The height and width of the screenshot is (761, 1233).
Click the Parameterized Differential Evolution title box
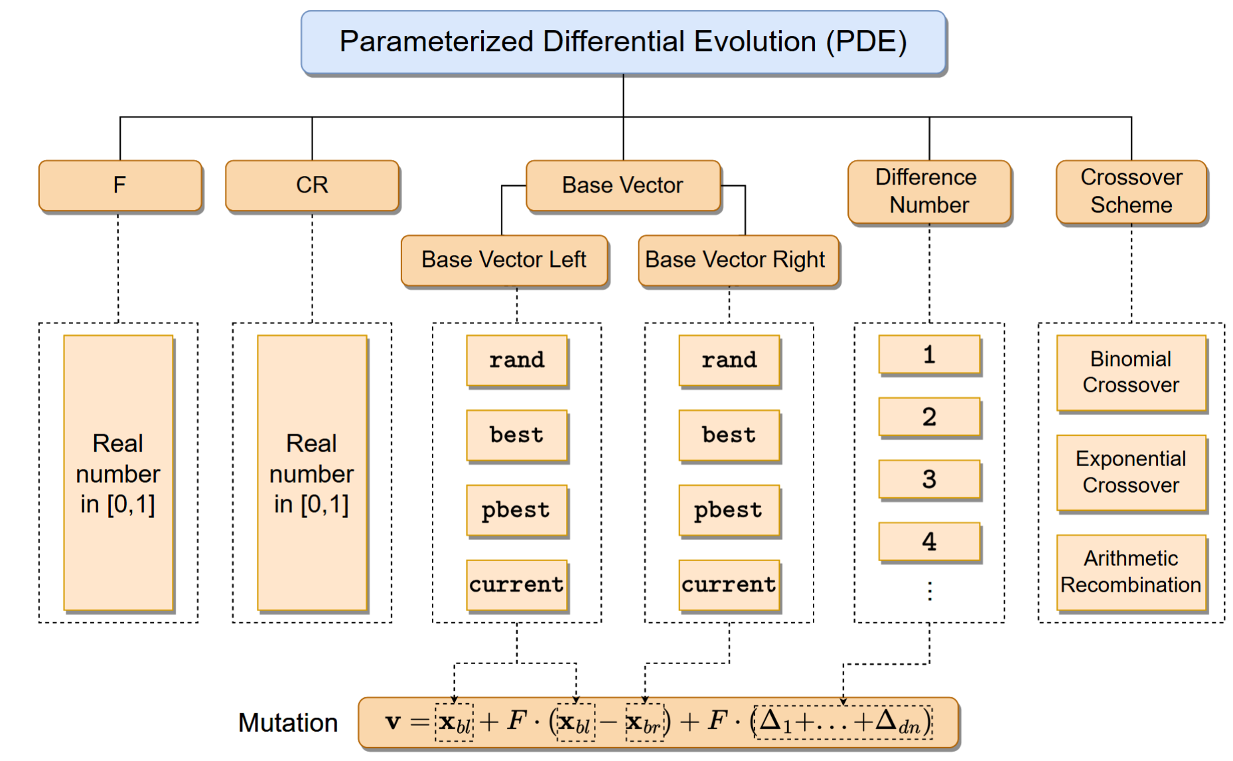[623, 42]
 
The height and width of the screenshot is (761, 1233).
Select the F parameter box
[120, 185]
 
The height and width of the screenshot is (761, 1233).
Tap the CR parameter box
[312, 185]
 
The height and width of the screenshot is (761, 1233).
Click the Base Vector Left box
[504, 260]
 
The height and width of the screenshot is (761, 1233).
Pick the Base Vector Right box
[735, 260]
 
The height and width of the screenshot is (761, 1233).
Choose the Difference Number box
[929, 191]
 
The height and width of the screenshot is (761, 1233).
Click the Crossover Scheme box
[1131, 191]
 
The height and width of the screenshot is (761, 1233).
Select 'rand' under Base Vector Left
[517, 360]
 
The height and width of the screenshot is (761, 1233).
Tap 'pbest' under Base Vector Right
[729, 510]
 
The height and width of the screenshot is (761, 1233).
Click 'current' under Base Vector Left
[517, 584]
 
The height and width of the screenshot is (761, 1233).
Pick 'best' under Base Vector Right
[729, 435]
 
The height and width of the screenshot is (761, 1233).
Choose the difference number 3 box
[929, 479]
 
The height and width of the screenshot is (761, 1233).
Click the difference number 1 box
[929, 355]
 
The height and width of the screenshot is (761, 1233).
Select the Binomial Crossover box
[1131, 372]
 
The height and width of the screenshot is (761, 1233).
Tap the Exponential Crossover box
[1131, 472]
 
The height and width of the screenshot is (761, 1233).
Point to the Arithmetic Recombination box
[1131, 572]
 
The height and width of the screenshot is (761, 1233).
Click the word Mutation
[288, 722]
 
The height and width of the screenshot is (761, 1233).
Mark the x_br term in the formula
[644, 722]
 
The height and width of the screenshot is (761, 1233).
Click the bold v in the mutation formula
[393, 722]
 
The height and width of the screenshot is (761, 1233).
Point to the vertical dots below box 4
[929, 590]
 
